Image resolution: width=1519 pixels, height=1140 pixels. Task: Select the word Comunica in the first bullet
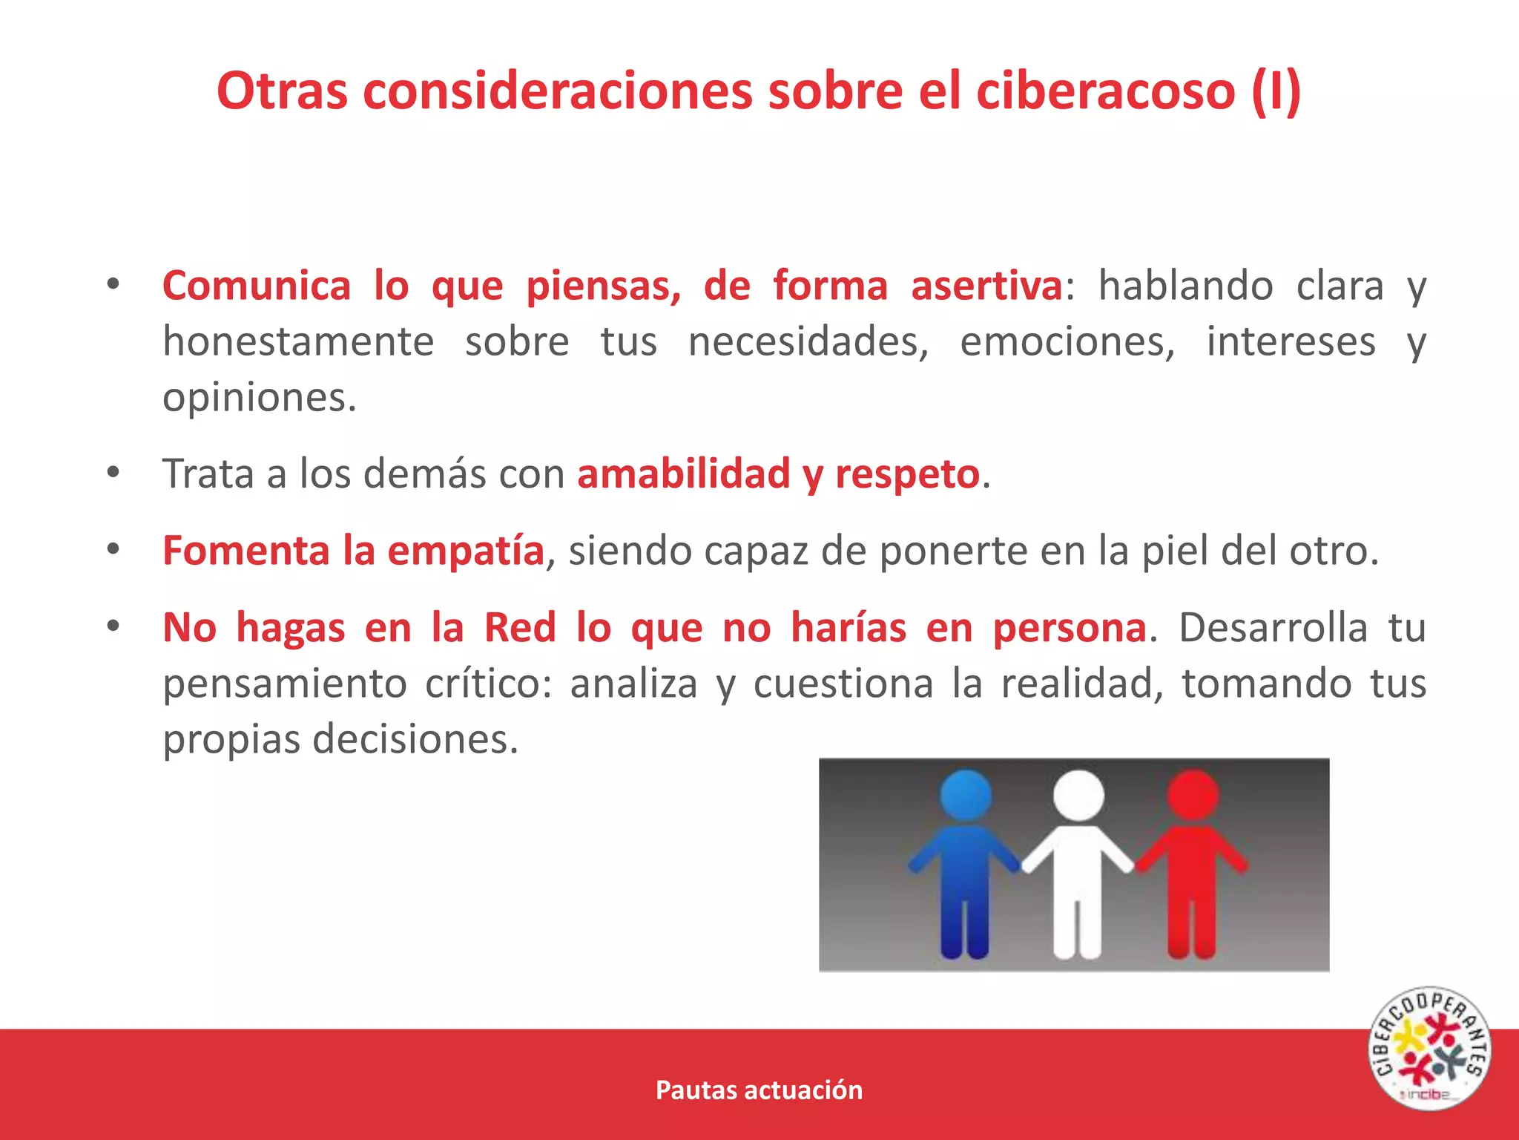tap(256, 286)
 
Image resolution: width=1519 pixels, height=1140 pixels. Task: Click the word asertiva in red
tap(986, 286)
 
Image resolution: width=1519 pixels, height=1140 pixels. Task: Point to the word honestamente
tap(298, 342)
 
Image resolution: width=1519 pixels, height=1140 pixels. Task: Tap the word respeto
tap(907, 474)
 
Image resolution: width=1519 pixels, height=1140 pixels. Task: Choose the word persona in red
tap(1070, 628)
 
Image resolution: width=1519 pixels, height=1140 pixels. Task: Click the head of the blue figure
tap(966, 795)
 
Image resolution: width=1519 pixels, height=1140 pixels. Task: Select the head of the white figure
tap(1078, 795)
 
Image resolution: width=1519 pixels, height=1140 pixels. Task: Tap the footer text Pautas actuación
tap(759, 1090)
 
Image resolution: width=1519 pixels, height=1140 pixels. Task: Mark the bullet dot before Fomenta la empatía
tap(113, 550)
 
